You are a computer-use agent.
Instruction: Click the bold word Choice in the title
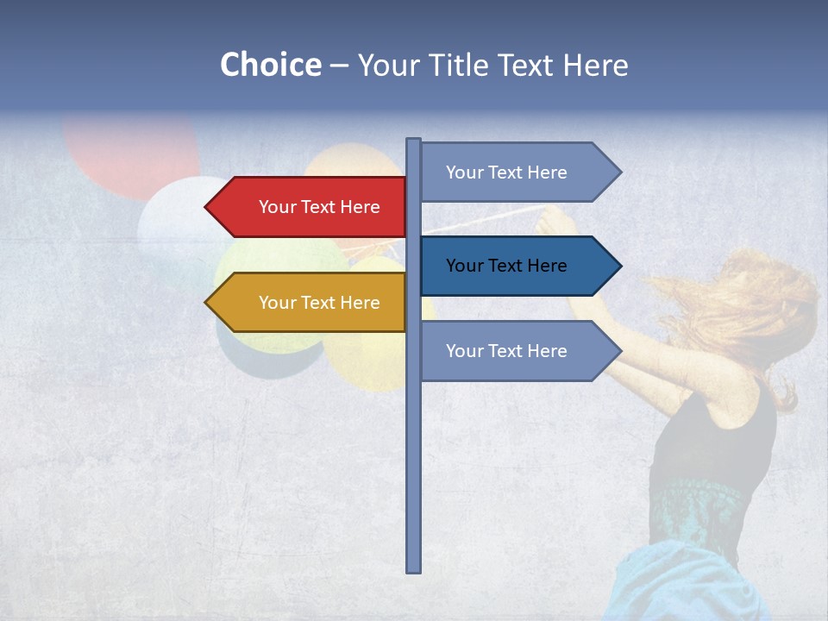(x=270, y=65)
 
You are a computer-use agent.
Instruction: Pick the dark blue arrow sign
(x=513, y=266)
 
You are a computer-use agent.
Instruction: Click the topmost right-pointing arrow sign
(x=513, y=172)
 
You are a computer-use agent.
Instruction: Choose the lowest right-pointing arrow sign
(x=513, y=351)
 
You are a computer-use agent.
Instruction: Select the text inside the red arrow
(x=319, y=207)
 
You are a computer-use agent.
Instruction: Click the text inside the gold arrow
(x=319, y=303)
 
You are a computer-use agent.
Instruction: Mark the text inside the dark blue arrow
(x=506, y=266)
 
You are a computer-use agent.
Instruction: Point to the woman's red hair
(x=742, y=310)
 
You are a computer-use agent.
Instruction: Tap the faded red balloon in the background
(x=129, y=151)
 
